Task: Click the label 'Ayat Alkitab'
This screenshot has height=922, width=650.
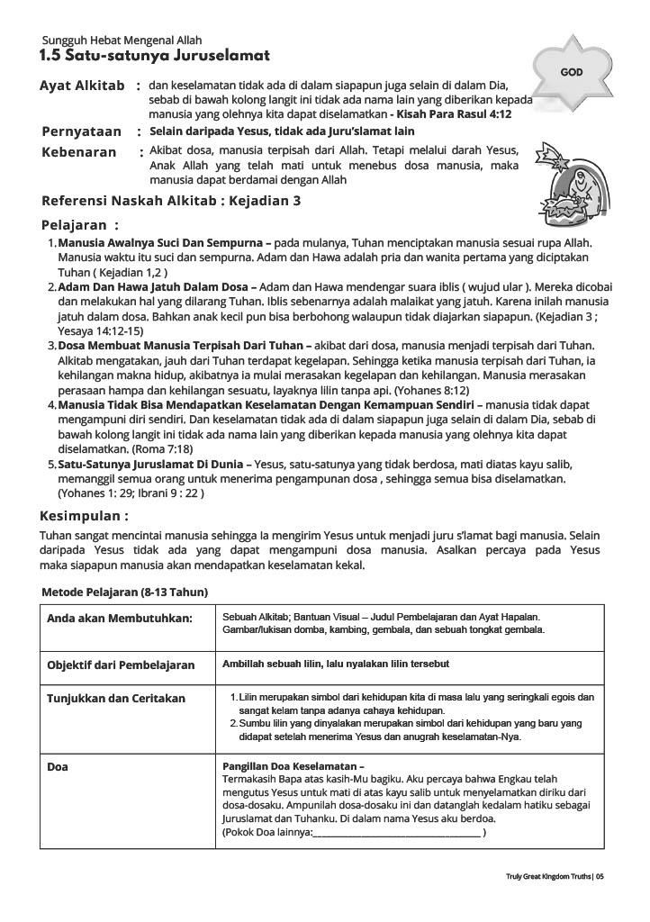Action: (x=82, y=86)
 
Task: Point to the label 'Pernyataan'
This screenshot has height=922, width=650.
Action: (x=82, y=131)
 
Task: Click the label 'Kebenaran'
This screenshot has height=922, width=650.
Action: (x=79, y=152)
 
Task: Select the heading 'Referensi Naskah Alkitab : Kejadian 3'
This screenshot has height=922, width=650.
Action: (x=171, y=201)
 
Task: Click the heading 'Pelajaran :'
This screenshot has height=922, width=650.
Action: (x=80, y=225)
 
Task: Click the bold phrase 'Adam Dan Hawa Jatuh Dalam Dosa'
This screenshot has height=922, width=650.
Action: (x=153, y=285)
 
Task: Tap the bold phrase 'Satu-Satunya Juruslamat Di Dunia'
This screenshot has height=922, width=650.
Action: (x=152, y=464)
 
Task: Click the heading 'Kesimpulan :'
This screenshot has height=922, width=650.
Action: (x=84, y=517)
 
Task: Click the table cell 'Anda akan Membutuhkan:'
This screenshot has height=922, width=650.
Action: (x=120, y=619)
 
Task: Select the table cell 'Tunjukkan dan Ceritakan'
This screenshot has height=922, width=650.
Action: (x=116, y=698)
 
